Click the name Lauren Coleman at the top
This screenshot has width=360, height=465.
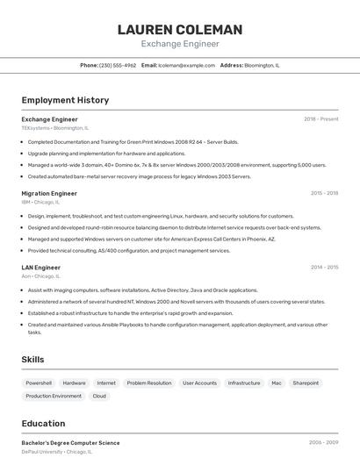(180, 30)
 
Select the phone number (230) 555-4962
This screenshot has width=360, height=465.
(118, 65)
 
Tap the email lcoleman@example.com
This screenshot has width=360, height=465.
(186, 65)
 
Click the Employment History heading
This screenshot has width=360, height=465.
(65, 100)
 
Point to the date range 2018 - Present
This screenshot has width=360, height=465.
(320, 118)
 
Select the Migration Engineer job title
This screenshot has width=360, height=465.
(49, 193)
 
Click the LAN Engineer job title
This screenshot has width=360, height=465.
(41, 268)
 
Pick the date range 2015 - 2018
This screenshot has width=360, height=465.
(324, 193)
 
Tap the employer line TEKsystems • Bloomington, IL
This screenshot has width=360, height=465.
(54, 127)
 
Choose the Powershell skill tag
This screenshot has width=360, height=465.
(39, 383)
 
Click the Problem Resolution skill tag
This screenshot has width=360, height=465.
(149, 383)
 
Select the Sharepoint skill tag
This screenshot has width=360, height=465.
(306, 383)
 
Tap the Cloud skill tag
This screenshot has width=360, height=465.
(99, 396)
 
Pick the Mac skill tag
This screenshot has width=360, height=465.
(276, 383)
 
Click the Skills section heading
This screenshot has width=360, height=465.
(32, 359)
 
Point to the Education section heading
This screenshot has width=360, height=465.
(43, 424)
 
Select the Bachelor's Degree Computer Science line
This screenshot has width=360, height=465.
(70, 443)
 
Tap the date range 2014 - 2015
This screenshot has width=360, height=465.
(324, 268)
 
